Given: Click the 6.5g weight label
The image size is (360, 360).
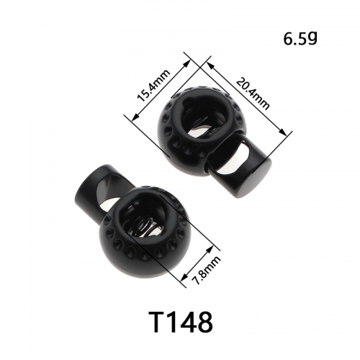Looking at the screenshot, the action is (300, 39).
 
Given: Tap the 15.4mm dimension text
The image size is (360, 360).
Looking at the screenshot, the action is (153, 86).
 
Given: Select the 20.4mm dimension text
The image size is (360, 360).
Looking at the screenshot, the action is (253, 94).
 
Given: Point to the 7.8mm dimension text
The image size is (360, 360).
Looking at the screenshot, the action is (207, 270).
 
